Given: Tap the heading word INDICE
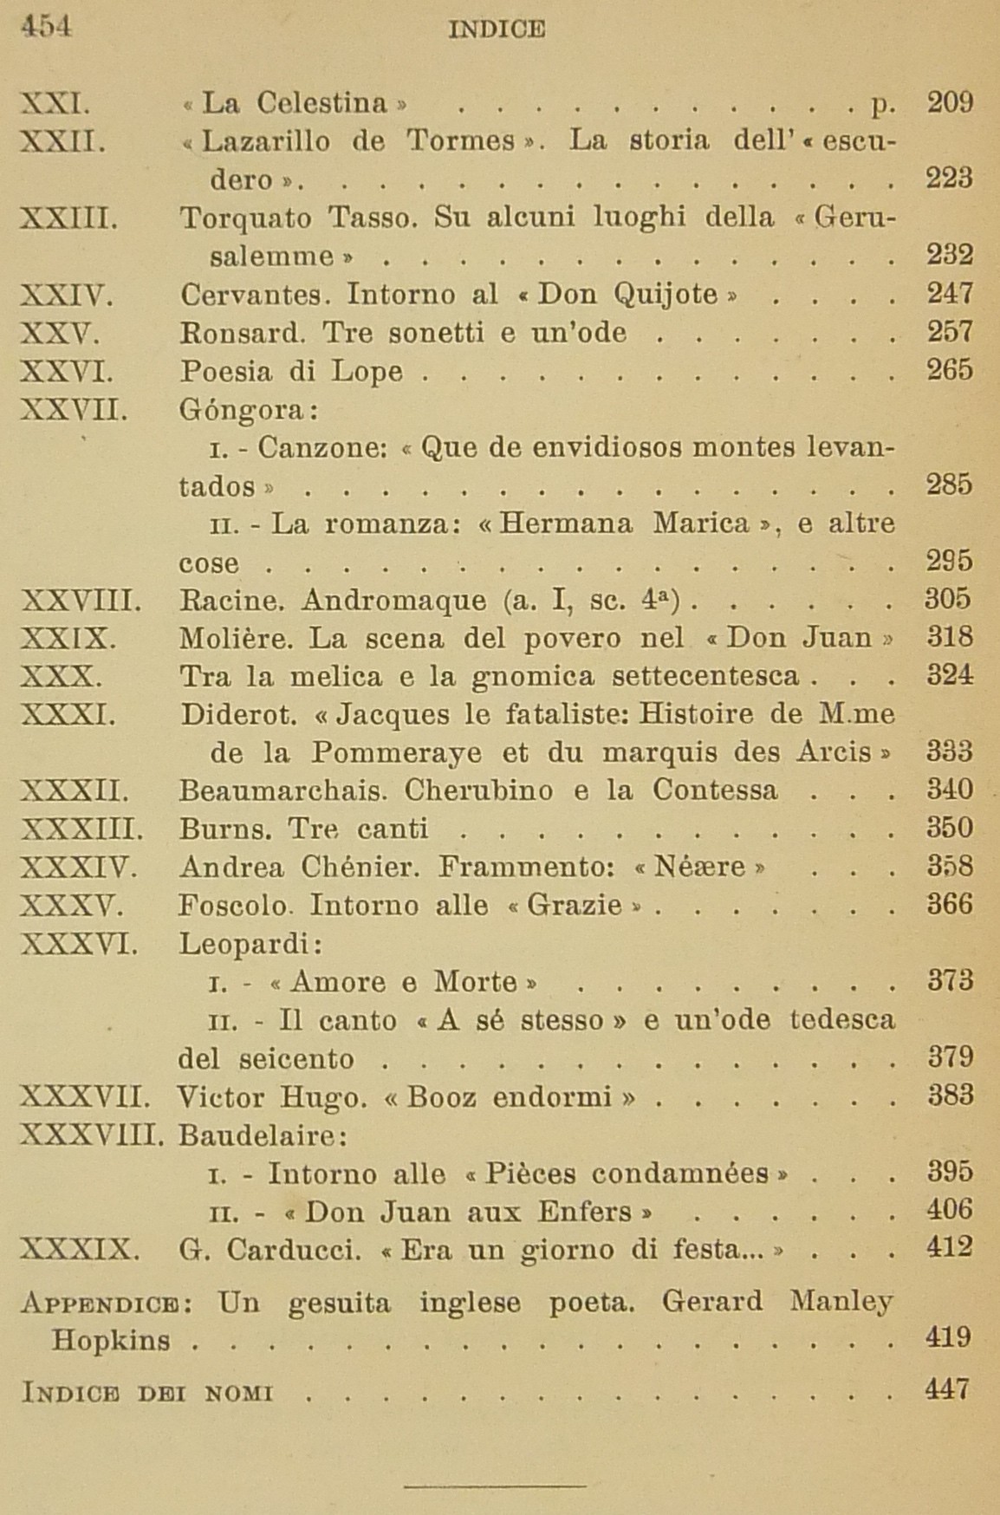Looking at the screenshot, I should [x=497, y=29].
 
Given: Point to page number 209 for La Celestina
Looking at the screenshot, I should [x=949, y=103].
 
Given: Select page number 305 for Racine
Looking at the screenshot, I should [x=949, y=599].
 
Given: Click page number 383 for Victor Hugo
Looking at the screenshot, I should [x=950, y=1096].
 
